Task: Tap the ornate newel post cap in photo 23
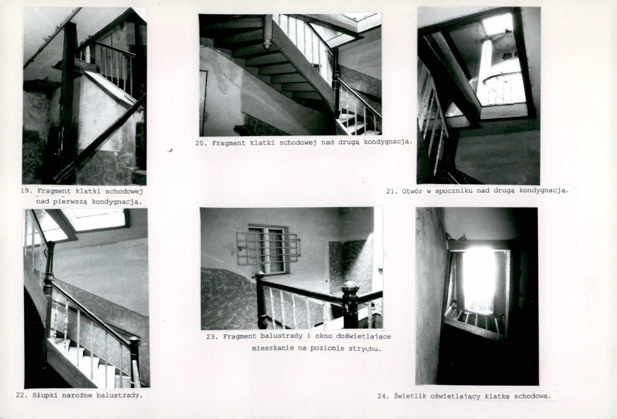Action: pyautogui.click(x=349, y=290)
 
